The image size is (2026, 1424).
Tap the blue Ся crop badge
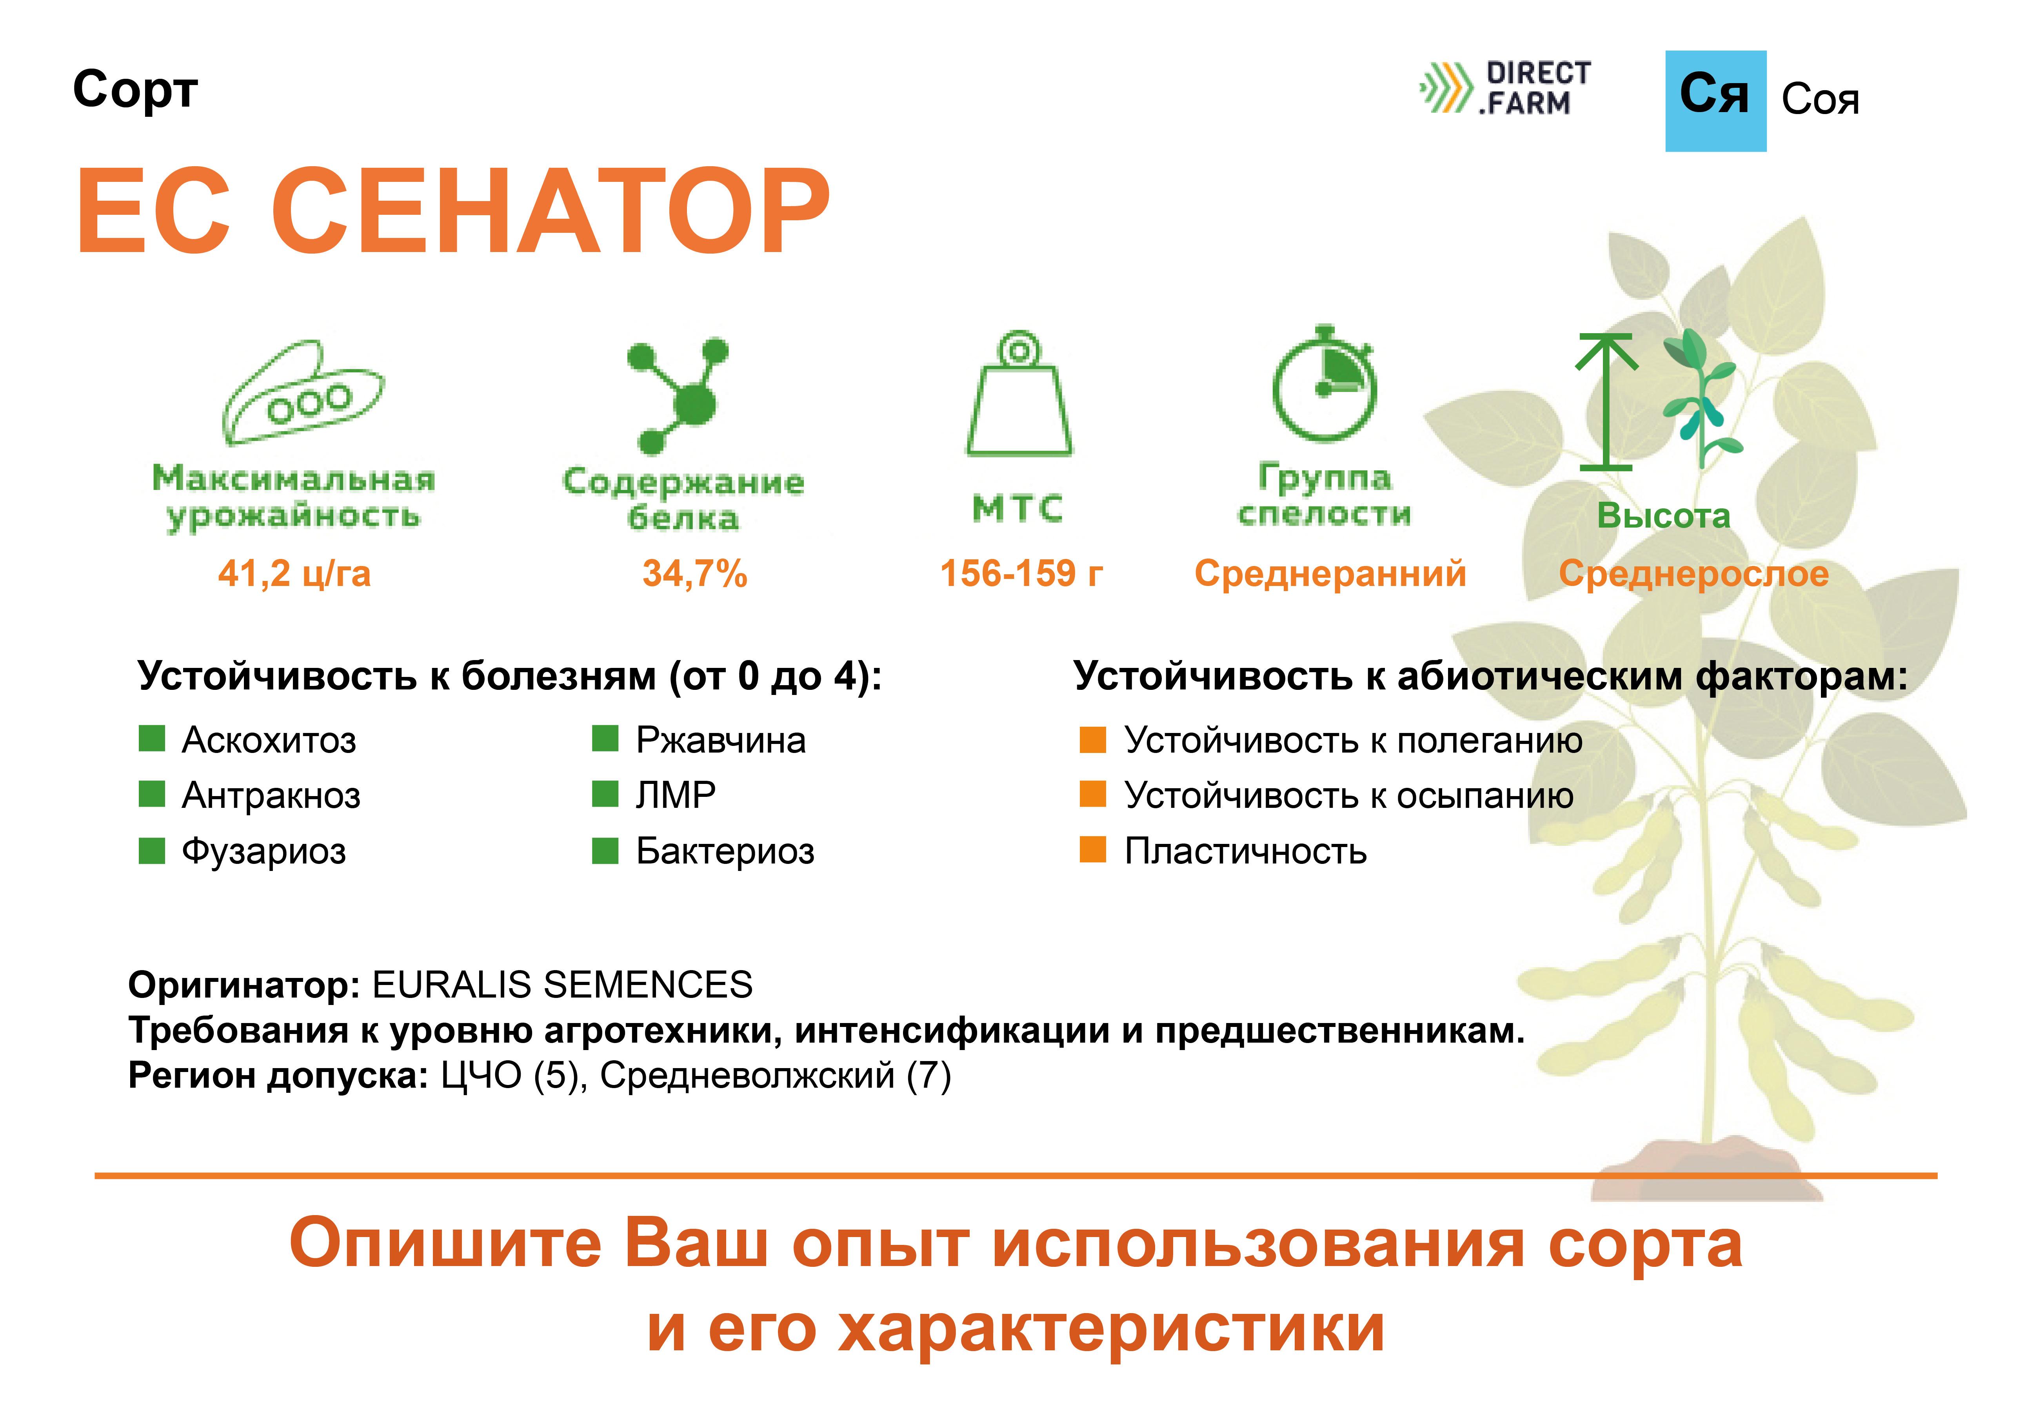(1715, 101)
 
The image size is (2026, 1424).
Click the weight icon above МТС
(1019, 394)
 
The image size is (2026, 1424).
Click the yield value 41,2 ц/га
(295, 573)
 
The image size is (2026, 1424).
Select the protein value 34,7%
(695, 573)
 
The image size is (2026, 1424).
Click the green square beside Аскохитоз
(152, 738)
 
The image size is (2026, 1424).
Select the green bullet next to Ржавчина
(605, 738)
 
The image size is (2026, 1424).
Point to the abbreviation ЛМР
(676, 795)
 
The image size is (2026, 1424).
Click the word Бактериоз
(725, 851)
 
